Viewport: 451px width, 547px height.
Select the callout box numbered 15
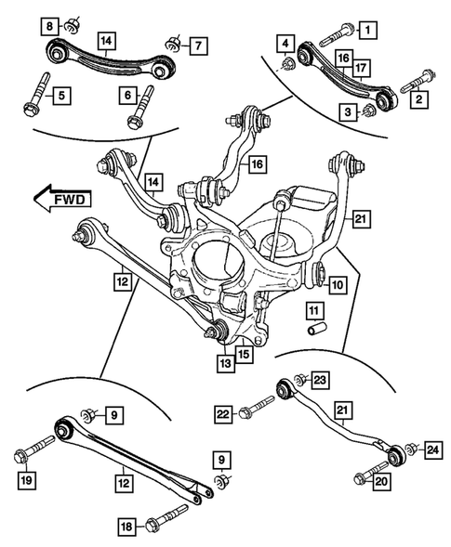(x=244, y=354)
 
